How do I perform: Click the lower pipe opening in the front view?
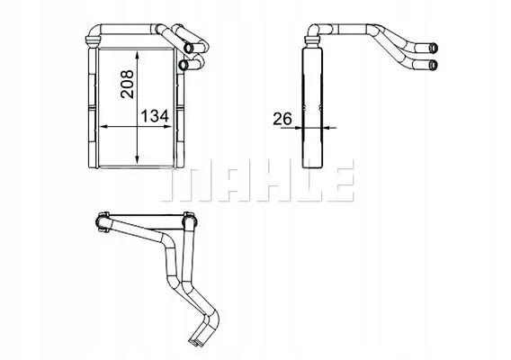pos(184,65)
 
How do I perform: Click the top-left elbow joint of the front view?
pos(93,38)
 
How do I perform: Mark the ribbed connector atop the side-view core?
pos(311,35)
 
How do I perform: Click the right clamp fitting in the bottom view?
pos(189,219)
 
